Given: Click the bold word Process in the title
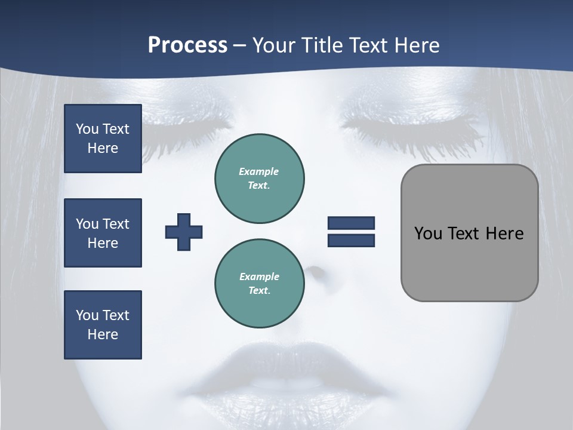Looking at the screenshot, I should point(187,45).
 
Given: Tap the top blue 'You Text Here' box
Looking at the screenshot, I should point(103,139).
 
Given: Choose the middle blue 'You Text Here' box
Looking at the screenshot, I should point(103,233).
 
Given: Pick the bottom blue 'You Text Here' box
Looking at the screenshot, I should point(103,325).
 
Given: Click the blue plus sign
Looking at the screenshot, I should point(184,232).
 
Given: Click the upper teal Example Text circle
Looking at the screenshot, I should point(260,178).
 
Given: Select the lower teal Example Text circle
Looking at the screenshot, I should point(260,283).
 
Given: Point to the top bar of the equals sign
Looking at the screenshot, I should point(351,223).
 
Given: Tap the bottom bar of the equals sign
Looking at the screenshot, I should point(351,241).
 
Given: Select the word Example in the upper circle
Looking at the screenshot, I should point(259,171).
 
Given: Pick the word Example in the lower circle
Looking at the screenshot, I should point(259,277).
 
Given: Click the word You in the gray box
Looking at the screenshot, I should point(428,234).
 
